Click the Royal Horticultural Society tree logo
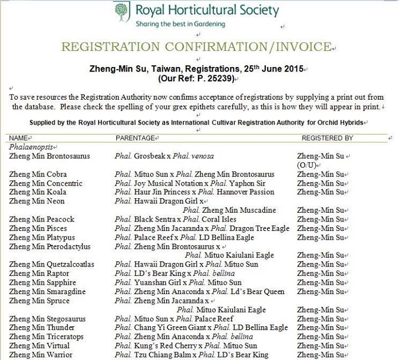pos(121,11)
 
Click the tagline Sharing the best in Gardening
pos(180,24)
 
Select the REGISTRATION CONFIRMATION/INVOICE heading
pos(196,47)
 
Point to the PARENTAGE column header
pos(135,137)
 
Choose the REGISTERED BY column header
pos(327,137)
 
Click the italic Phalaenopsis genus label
pos(29,147)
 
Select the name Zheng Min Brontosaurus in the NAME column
pos(49,156)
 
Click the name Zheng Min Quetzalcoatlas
pos(52,265)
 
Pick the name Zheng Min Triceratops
pos(46,337)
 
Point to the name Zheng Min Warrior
pos(40,355)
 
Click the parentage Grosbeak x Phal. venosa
pos(164,156)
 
